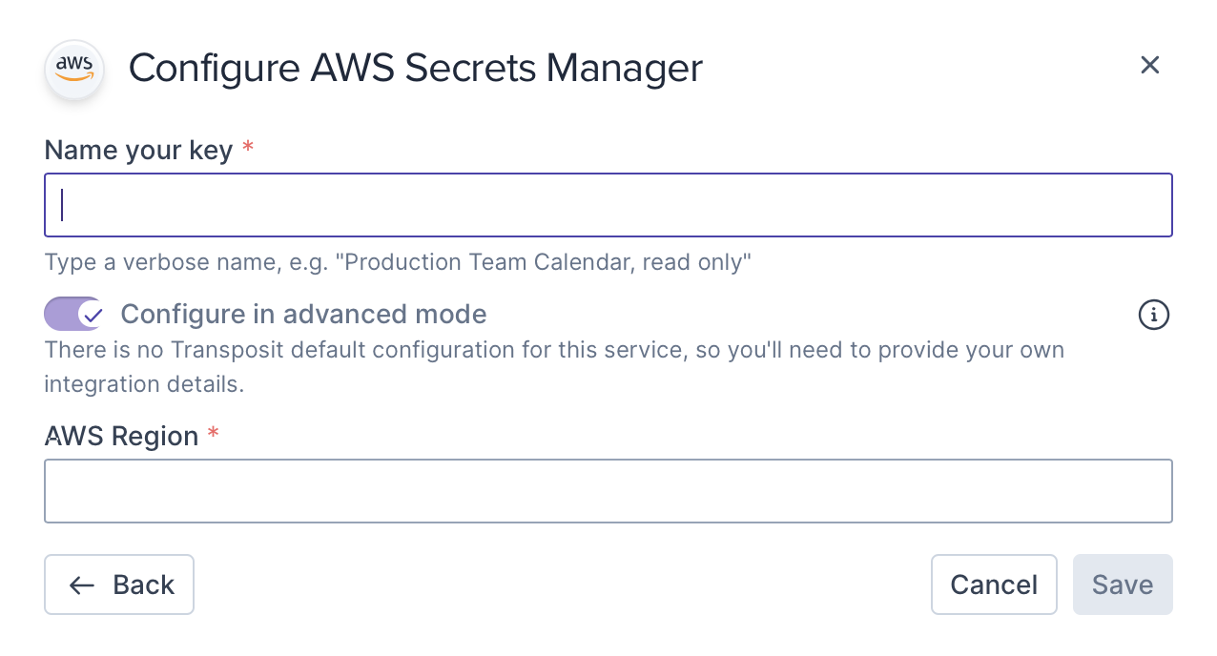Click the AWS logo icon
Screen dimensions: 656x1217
73,69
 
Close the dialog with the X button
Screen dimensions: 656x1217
1150,65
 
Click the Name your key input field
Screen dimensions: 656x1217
608,205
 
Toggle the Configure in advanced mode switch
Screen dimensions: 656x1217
73,314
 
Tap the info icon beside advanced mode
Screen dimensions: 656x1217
1154,315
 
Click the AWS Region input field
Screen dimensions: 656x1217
608,491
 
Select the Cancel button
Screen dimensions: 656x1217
994,584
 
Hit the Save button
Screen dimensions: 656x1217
1123,584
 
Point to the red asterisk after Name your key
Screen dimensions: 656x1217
248,149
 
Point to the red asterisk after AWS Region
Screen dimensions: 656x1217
214,435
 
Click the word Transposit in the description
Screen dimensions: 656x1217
229,350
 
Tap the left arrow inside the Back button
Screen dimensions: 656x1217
82,585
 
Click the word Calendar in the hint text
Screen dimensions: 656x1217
582,262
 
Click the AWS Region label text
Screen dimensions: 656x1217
121,436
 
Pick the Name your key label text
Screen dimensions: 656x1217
138,150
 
